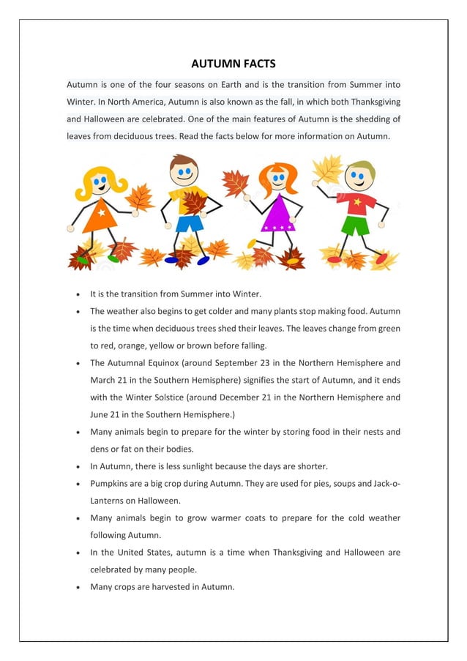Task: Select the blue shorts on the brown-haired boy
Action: (188, 222)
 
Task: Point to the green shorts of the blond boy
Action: (356, 225)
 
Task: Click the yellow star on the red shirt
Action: (358, 200)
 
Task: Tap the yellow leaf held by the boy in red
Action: (327, 170)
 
